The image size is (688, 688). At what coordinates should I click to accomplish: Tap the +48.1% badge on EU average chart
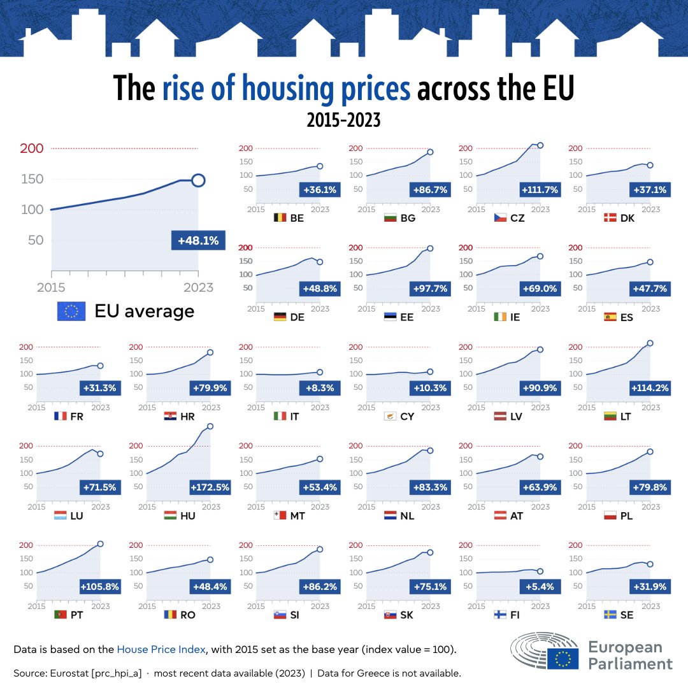pos(198,241)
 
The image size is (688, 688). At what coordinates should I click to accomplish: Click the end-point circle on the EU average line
pos(198,180)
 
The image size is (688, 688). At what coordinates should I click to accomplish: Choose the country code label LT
pos(627,417)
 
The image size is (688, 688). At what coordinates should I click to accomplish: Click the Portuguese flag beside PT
pos(60,615)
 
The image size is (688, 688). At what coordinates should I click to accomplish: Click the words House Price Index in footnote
pos(161,650)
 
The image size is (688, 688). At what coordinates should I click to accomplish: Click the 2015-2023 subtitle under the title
pos(343,120)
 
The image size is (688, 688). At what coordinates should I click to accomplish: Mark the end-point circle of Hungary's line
pos(210,426)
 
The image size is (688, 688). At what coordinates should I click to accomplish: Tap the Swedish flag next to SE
pos(610,615)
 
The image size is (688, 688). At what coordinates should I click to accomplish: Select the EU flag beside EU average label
pos(71,311)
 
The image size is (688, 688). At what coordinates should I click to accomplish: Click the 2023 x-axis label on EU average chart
pos(198,287)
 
